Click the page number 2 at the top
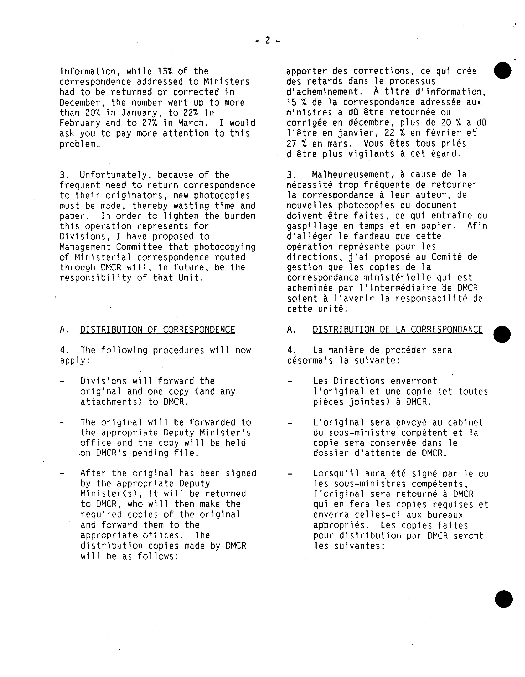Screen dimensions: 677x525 267,40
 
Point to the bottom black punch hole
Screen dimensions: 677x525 504,599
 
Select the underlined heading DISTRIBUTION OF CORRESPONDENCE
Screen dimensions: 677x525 158,330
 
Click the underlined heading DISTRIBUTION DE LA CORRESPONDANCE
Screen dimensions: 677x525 398,330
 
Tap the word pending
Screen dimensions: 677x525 150,453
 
